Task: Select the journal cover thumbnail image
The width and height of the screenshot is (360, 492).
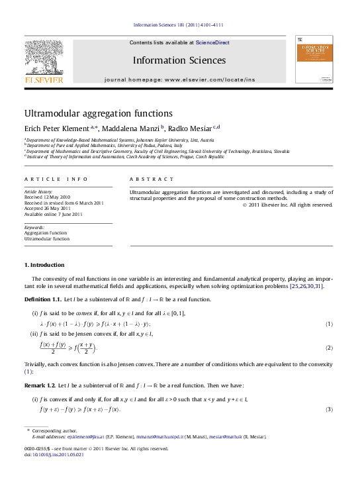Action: (x=314, y=59)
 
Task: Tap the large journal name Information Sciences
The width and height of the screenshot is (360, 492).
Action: (x=179, y=60)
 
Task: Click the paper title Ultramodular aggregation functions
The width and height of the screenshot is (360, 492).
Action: (x=98, y=114)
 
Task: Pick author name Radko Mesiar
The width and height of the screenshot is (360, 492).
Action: (x=193, y=128)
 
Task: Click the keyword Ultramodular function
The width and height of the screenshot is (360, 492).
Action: (x=46, y=238)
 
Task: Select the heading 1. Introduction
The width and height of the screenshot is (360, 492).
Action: (x=44, y=265)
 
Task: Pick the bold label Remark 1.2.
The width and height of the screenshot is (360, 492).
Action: (x=41, y=385)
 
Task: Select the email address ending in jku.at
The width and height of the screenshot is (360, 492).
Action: (x=77, y=438)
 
